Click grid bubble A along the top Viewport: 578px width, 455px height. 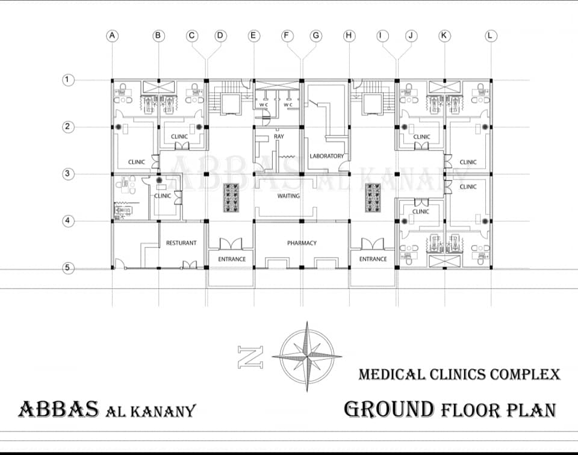click(113, 36)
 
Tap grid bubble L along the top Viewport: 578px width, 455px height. click(490, 36)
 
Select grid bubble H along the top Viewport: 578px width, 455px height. click(349, 36)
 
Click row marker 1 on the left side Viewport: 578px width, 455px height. click(68, 79)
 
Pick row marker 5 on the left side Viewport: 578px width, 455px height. click(68, 268)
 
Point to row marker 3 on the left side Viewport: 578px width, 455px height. click(68, 174)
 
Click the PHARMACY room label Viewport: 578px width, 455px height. click(302, 243)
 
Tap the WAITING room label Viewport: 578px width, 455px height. click(288, 196)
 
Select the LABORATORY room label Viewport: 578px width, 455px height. click(326, 156)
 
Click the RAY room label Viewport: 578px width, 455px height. click(279, 136)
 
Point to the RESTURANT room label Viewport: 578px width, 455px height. click(181, 243)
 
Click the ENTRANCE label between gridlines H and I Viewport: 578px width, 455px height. click(373, 259)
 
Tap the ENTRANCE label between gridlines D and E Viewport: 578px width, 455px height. click(232, 259)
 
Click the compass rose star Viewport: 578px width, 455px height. click(307, 357)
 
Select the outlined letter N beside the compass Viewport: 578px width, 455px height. click(250, 357)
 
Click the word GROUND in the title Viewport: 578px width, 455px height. click(390, 409)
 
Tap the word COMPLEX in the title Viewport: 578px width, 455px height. click(525, 375)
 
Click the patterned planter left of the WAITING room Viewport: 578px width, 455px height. click(231, 198)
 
